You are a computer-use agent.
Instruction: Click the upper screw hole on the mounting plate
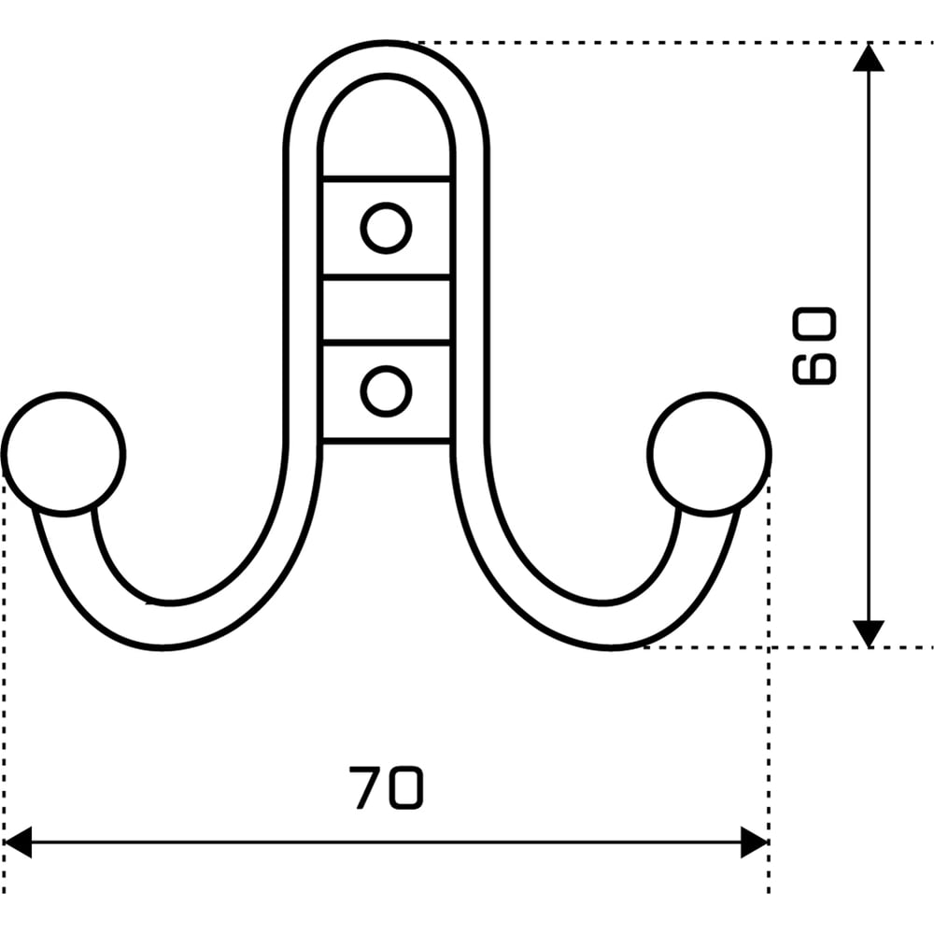coord(386,228)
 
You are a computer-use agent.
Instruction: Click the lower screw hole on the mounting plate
coord(386,391)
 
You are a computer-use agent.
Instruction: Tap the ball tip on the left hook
coord(64,454)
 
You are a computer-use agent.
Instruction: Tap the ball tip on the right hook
coord(709,454)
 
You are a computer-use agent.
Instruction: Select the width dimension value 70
coord(386,787)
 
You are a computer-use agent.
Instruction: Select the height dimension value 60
coord(814,347)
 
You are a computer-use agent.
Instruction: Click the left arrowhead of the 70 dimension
coord(18,842)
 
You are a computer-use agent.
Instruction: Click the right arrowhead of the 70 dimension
coord(754,842)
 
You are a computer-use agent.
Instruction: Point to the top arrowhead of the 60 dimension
coord(869,58)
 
